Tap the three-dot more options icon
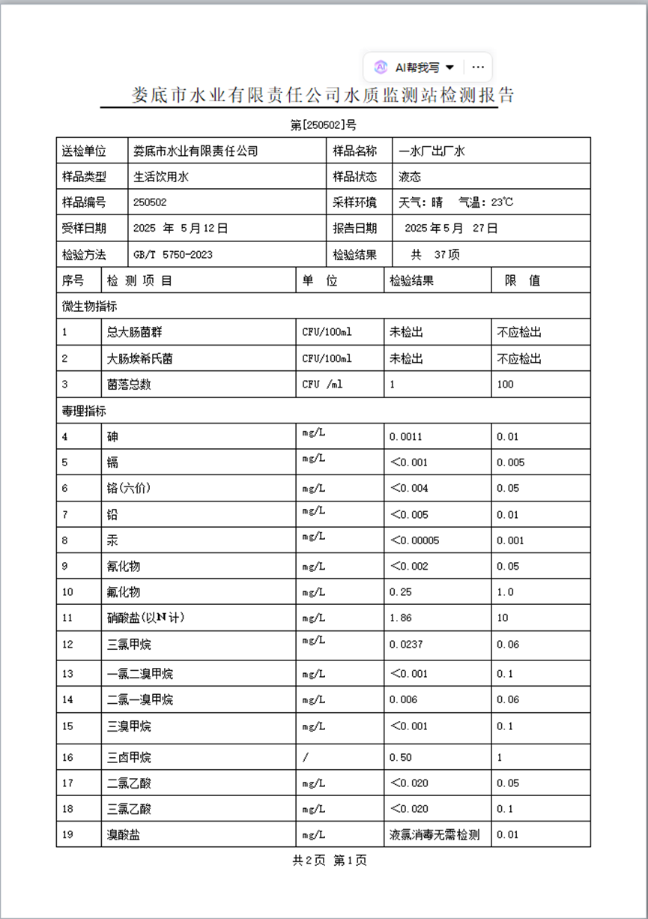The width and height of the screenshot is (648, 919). click(x=478, y=67)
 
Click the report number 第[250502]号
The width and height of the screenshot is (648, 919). click(x=323, y=125)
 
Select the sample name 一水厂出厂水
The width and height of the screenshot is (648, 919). click(x=432, y=151)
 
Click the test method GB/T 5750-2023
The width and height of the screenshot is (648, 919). click(x=172, y=254)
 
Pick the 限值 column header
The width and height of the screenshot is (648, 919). click(x=522, y=281)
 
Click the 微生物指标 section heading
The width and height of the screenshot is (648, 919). click(x=89, y=306)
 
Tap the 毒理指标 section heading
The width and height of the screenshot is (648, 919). click(x=84, y=411)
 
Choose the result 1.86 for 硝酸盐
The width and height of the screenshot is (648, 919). click(x=401, y=618)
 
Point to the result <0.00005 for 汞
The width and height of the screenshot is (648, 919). click(x=414, y=540)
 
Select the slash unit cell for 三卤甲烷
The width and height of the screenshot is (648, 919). click(x=306, y=757)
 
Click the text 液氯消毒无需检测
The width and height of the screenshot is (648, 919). click(x=434, y=834)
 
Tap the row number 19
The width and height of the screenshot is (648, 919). click(x=67, y=834)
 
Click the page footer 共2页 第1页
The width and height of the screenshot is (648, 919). click(x=330, y=861)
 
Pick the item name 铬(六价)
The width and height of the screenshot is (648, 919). click(x=129, y=488)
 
